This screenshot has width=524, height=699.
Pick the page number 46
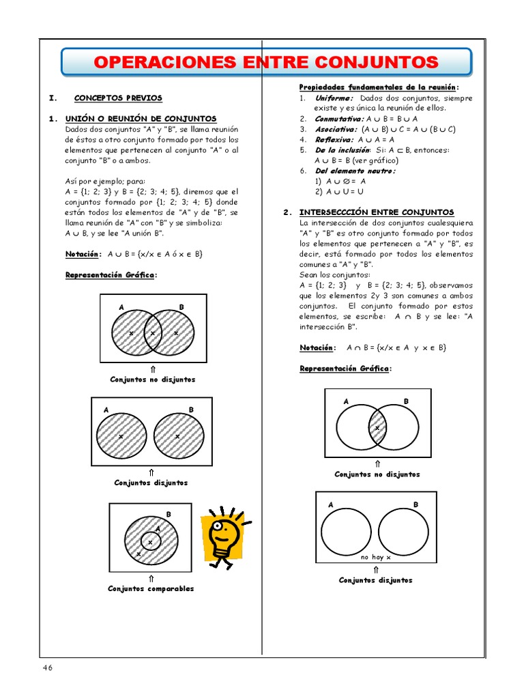[x=47, y=667]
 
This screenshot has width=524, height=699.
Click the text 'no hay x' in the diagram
[x=376, y=557]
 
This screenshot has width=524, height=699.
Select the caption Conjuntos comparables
[x=151, y=588]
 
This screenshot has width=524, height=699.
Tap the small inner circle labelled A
[x=151, y=541]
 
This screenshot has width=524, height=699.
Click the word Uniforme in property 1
[x=334, y=98]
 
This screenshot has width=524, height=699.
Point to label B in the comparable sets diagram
[x=168, y=514]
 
